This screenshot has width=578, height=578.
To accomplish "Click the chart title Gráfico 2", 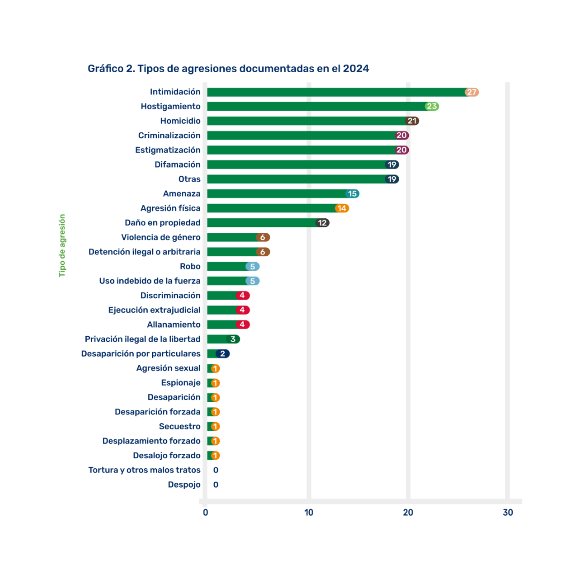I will point(228,69).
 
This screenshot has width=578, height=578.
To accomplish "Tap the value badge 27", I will point(471,92).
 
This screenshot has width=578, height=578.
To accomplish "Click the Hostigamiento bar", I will point(316,107).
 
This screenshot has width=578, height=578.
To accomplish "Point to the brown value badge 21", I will point(412,121).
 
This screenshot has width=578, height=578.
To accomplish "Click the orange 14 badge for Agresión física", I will point(342,208).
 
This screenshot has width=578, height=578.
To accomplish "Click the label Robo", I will point(191,266).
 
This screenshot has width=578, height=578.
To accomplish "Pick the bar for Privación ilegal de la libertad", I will point(216,339).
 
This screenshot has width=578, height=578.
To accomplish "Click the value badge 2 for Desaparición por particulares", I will point(223,354).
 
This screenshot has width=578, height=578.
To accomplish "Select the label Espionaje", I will point(181,383).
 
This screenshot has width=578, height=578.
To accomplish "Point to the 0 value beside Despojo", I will point(216,485).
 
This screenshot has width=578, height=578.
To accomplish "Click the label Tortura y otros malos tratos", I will point(144,470).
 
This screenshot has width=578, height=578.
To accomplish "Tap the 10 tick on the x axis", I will point(309,513).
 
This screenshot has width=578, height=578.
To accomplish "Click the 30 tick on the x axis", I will point(508,513).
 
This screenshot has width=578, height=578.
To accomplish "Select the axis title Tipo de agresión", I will point(62,245).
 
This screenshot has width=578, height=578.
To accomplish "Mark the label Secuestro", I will point(180,427).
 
